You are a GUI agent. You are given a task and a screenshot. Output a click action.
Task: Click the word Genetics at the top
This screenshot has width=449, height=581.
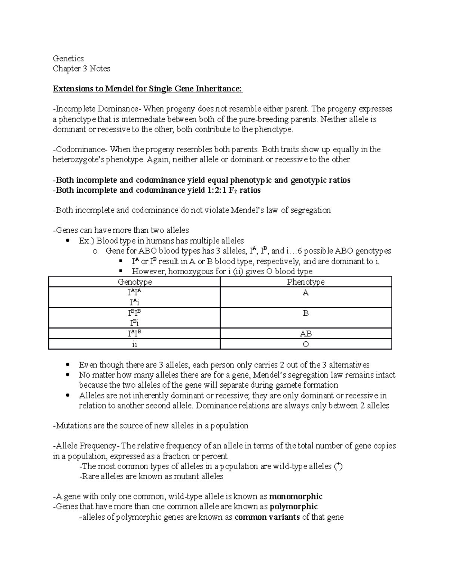point(68,58)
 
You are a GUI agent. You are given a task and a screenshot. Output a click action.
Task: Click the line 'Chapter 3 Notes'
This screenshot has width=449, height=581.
point(81,68)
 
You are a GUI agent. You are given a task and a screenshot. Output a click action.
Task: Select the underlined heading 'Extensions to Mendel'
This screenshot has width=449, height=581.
point(147,89)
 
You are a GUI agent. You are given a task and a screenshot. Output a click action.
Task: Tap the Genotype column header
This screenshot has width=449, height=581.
point(135,282)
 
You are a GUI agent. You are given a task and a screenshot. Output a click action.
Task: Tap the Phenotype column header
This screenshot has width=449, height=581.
point(306,282)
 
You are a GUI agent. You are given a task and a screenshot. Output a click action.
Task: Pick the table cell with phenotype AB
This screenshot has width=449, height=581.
point(306,334)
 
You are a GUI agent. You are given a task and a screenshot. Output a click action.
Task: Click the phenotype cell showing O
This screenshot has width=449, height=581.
point(306,344)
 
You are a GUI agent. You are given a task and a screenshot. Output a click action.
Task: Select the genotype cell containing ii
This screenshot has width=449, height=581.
point(135,344)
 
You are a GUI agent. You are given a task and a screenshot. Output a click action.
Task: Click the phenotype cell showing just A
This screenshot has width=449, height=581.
point(306,293)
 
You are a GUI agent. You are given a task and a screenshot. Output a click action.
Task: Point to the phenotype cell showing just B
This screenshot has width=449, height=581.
point(306,313)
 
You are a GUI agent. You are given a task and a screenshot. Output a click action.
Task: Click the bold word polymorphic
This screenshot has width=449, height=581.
point(293,507)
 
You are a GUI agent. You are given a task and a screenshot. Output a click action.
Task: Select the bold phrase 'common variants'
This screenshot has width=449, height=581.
point(267,517)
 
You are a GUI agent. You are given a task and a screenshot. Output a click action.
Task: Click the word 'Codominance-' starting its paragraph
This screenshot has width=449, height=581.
point(80,150)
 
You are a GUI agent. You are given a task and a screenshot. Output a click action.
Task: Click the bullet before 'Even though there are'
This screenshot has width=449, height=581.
point(67,365)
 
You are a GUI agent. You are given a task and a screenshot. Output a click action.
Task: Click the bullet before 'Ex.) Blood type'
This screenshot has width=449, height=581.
point(67,241)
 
